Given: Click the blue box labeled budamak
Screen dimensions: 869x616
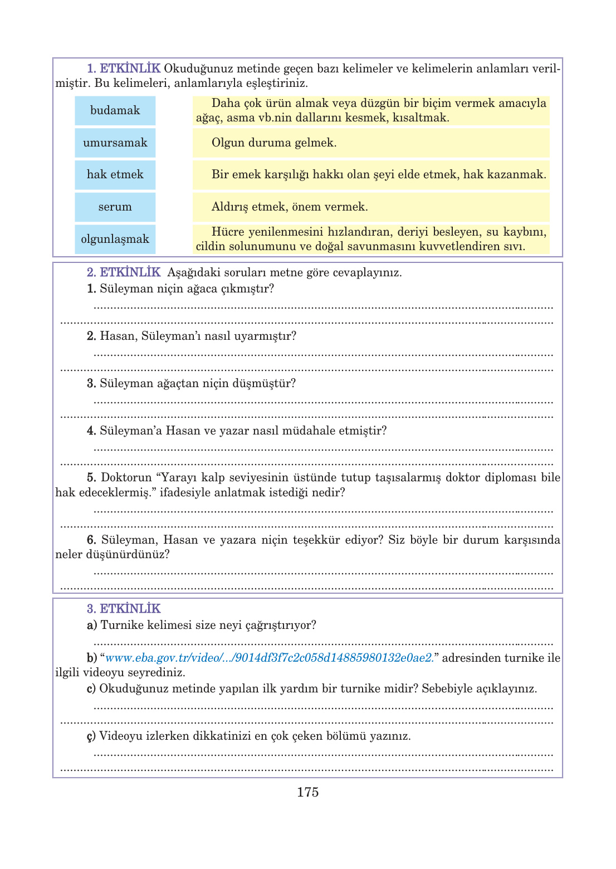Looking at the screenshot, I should point(115,110).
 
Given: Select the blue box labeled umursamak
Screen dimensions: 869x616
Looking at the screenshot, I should point(115,143).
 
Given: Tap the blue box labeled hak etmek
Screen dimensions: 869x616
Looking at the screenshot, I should point(115,174).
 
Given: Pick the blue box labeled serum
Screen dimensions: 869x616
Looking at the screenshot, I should point(115,207).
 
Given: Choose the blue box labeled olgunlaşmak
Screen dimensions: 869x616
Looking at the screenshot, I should point(115,239).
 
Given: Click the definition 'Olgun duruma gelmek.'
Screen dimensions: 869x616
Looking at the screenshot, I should point(273,143).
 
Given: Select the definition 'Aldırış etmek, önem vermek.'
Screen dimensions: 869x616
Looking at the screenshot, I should point(290,207).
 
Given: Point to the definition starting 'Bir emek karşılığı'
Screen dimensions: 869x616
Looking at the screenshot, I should point(378,174).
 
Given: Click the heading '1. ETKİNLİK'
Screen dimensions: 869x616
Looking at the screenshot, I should point(124,69).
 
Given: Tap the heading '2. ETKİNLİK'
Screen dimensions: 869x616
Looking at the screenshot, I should point(124,272).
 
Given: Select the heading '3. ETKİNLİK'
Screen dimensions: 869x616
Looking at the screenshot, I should point(124,608).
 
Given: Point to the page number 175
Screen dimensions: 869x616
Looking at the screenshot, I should point(307,792).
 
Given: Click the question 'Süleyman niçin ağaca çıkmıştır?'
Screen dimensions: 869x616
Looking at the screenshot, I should point(187,289).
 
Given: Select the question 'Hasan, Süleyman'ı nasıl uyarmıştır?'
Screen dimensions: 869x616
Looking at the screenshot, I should point(198,336).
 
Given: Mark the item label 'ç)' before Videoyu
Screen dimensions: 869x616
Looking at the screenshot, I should point(91,736).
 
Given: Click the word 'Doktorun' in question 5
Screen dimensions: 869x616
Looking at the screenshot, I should point(126,477).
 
